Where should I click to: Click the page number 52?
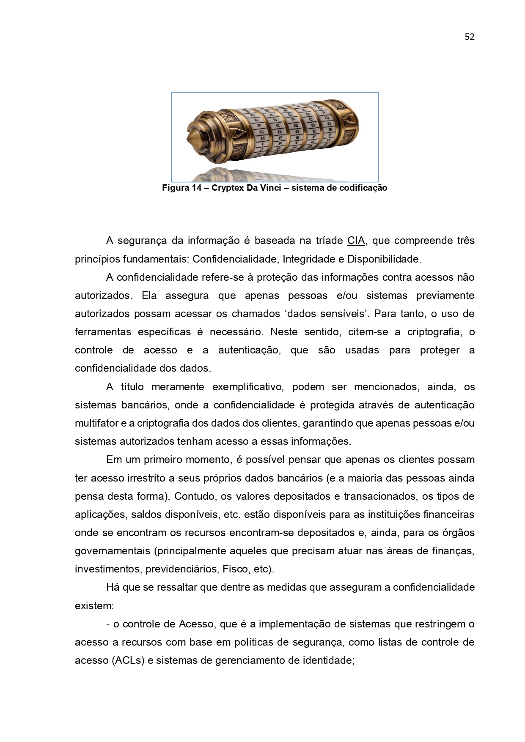click(x=470, y=37)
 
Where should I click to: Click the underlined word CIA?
click(x=356, y=241)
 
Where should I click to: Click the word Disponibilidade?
click(x=384, y=259)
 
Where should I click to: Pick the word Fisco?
click(x=236, y=569)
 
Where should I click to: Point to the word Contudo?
click(x=193, y=496)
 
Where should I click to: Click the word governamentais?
click(x=112, y=551)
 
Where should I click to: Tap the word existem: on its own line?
click(x=94, y=606)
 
